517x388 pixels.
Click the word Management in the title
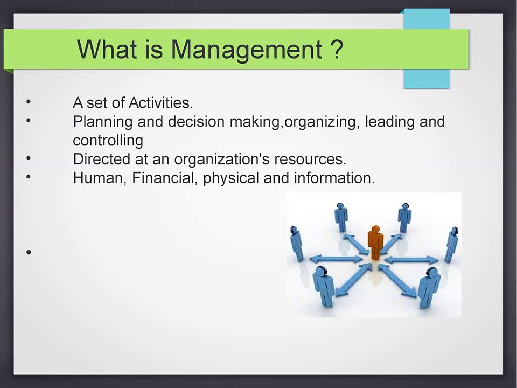coord(247,50)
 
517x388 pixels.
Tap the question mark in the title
coord(337,49)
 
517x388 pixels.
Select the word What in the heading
coord(107,49)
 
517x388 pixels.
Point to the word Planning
coord(102,122)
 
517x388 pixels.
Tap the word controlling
coord(108,141)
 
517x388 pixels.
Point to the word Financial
coord(165,178)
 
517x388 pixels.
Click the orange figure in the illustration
coord(375,242)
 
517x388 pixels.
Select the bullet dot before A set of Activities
coord(29,102)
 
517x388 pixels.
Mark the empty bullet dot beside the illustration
coord(29,252)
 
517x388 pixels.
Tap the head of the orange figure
coord(375,229)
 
